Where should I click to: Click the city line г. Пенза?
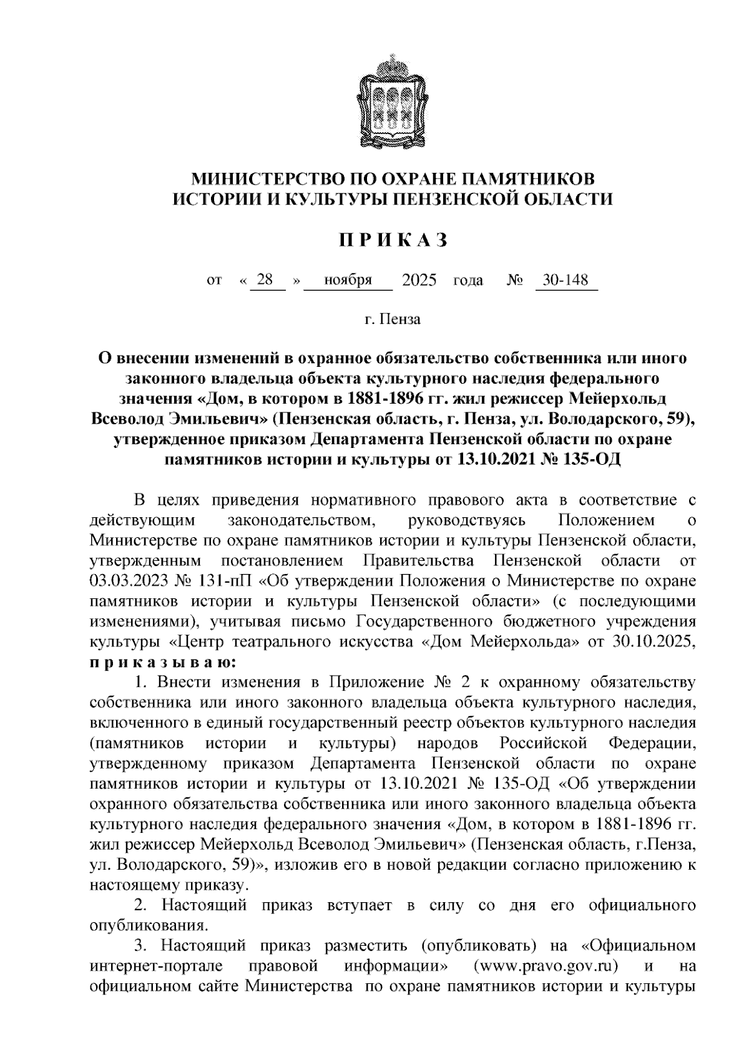[x=393, y=320]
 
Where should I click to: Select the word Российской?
[x=544, y=743]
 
